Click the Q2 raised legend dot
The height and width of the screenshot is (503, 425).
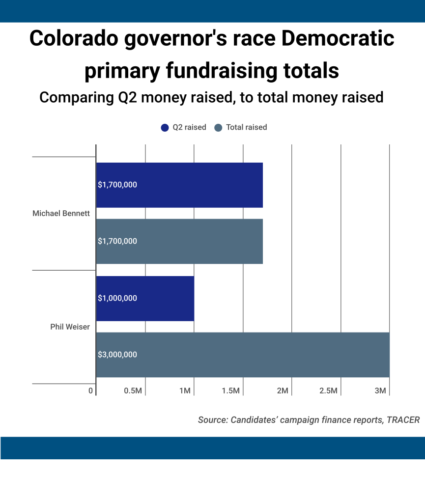[x=165, y=128]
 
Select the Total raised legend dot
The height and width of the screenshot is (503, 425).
[x=218, y=128]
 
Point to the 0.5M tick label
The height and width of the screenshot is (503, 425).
[x=133, y=391]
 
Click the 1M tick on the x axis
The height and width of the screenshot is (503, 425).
[x=185, y=391]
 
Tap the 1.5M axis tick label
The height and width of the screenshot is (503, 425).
[x=230, y=391]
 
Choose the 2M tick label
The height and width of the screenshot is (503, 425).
[x=282, y=391]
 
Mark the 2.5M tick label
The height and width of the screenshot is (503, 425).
[x=328, y=391]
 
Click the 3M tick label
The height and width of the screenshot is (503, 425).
[x=380, y=391]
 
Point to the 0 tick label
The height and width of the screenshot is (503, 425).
[x=90, y=391]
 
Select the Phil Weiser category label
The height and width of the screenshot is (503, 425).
[x=70, y=327]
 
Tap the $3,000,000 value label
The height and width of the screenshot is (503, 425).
[x=117, y=355]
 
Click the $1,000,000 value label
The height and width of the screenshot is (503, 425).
[x=117, y=298]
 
